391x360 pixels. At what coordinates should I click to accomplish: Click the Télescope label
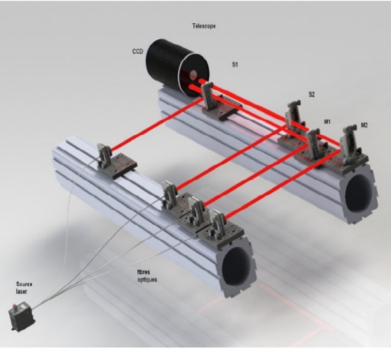point(204,26)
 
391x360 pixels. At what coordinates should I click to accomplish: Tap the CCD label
point(138,52)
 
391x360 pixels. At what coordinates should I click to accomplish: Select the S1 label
point(235,64)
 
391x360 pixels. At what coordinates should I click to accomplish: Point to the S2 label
point(311,94)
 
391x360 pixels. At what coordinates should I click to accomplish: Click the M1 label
point(327,121)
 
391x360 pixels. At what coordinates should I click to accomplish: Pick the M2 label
point(364,125)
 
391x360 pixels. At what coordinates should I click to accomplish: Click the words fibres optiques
point(147,276)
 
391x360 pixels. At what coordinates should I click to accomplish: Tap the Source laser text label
point(24,288)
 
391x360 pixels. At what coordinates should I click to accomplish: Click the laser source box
point(22,316)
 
